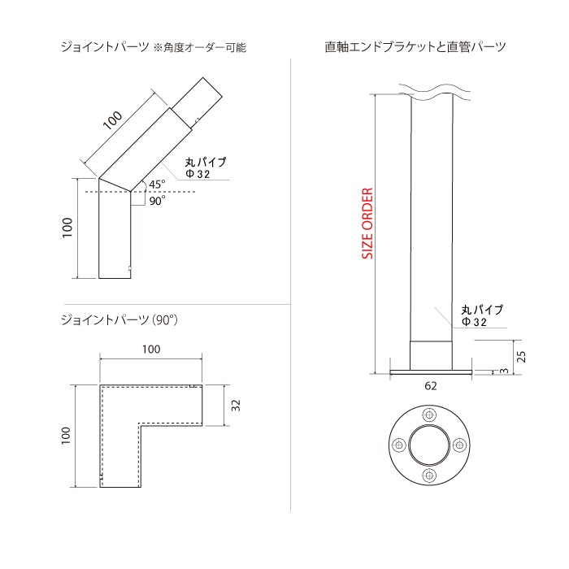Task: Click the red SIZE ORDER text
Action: point(367,224)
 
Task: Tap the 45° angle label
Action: point(157,184)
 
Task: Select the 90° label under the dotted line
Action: point(157,200)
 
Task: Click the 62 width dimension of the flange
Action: point(430,386)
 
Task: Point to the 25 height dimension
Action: point(521,357)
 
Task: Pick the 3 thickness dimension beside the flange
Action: point(504,371)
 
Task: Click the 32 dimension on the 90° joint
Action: point(236,405)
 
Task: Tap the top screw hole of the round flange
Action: point(429,415)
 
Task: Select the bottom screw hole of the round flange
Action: point(429,474)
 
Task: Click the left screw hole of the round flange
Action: point(399,444)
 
